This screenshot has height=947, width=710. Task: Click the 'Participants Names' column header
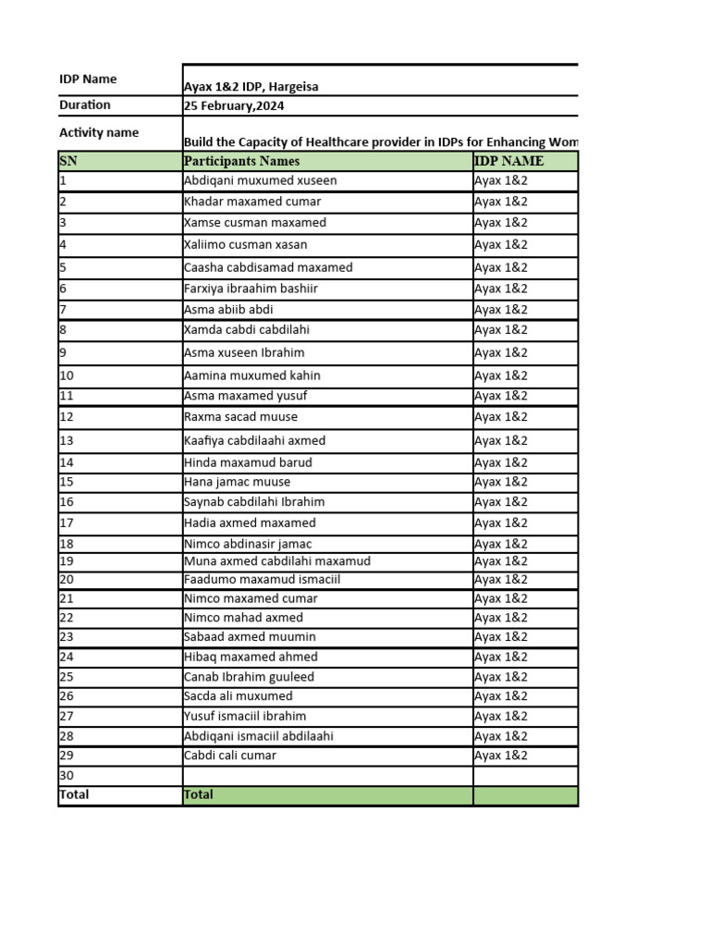[x=242, y=161]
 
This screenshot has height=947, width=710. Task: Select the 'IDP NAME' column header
[x=508, y=161]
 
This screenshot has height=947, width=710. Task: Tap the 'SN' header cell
[x=68, y=161]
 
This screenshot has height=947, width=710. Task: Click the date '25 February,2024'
[x=234, y=106]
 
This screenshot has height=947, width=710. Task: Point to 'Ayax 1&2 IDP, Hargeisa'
[x=251, y=87]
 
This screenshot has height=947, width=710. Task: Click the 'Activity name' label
[x=99, y=132]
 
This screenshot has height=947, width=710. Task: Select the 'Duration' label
[x=85, y=105]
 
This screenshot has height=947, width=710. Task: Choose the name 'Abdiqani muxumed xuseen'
[x=261, y=181]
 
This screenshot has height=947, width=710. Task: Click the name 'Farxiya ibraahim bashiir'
[x=251, y=289]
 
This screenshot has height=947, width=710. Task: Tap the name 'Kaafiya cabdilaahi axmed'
[x=255, y=441]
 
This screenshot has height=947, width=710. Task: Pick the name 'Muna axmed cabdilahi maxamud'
[x=277, y=561]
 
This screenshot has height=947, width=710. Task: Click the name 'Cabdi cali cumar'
[x=230, y=756]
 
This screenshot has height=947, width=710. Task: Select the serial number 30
[x=67, y=776]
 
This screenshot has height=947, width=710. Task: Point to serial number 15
[x=67, y=482]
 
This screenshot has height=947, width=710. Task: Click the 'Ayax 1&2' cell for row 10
[x=501, y=375]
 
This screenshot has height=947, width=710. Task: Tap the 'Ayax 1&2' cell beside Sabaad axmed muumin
[x=501, y=637]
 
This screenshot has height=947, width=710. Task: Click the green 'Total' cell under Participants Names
[x=327, y=795]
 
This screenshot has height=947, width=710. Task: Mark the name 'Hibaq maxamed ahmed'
[x=251, y=658]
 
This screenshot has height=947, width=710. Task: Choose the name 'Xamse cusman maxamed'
[x=255, y=223]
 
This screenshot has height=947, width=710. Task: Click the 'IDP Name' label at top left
[x=88, y=80]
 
